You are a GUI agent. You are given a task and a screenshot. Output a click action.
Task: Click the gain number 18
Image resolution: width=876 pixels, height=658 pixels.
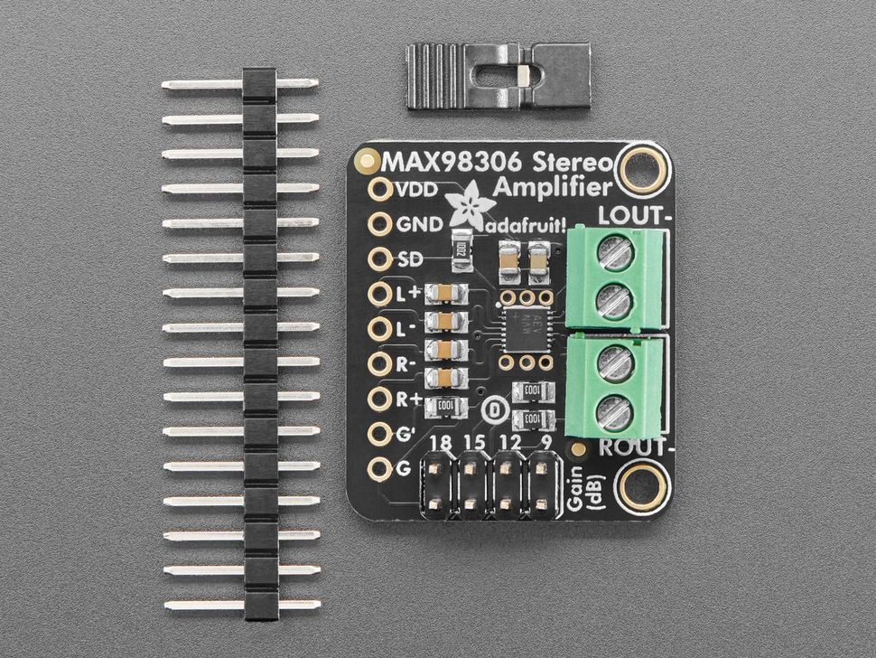click(442, 444)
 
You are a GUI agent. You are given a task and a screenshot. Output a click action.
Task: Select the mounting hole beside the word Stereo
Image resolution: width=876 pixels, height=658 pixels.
click(644, 165)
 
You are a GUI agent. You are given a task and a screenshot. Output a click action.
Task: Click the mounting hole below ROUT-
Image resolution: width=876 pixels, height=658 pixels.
click(644, 487)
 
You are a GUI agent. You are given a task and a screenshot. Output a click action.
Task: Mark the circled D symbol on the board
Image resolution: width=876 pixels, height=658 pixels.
click(493, 408)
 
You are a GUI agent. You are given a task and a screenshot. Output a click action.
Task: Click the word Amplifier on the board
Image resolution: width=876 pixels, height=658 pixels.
click(552, 189)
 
